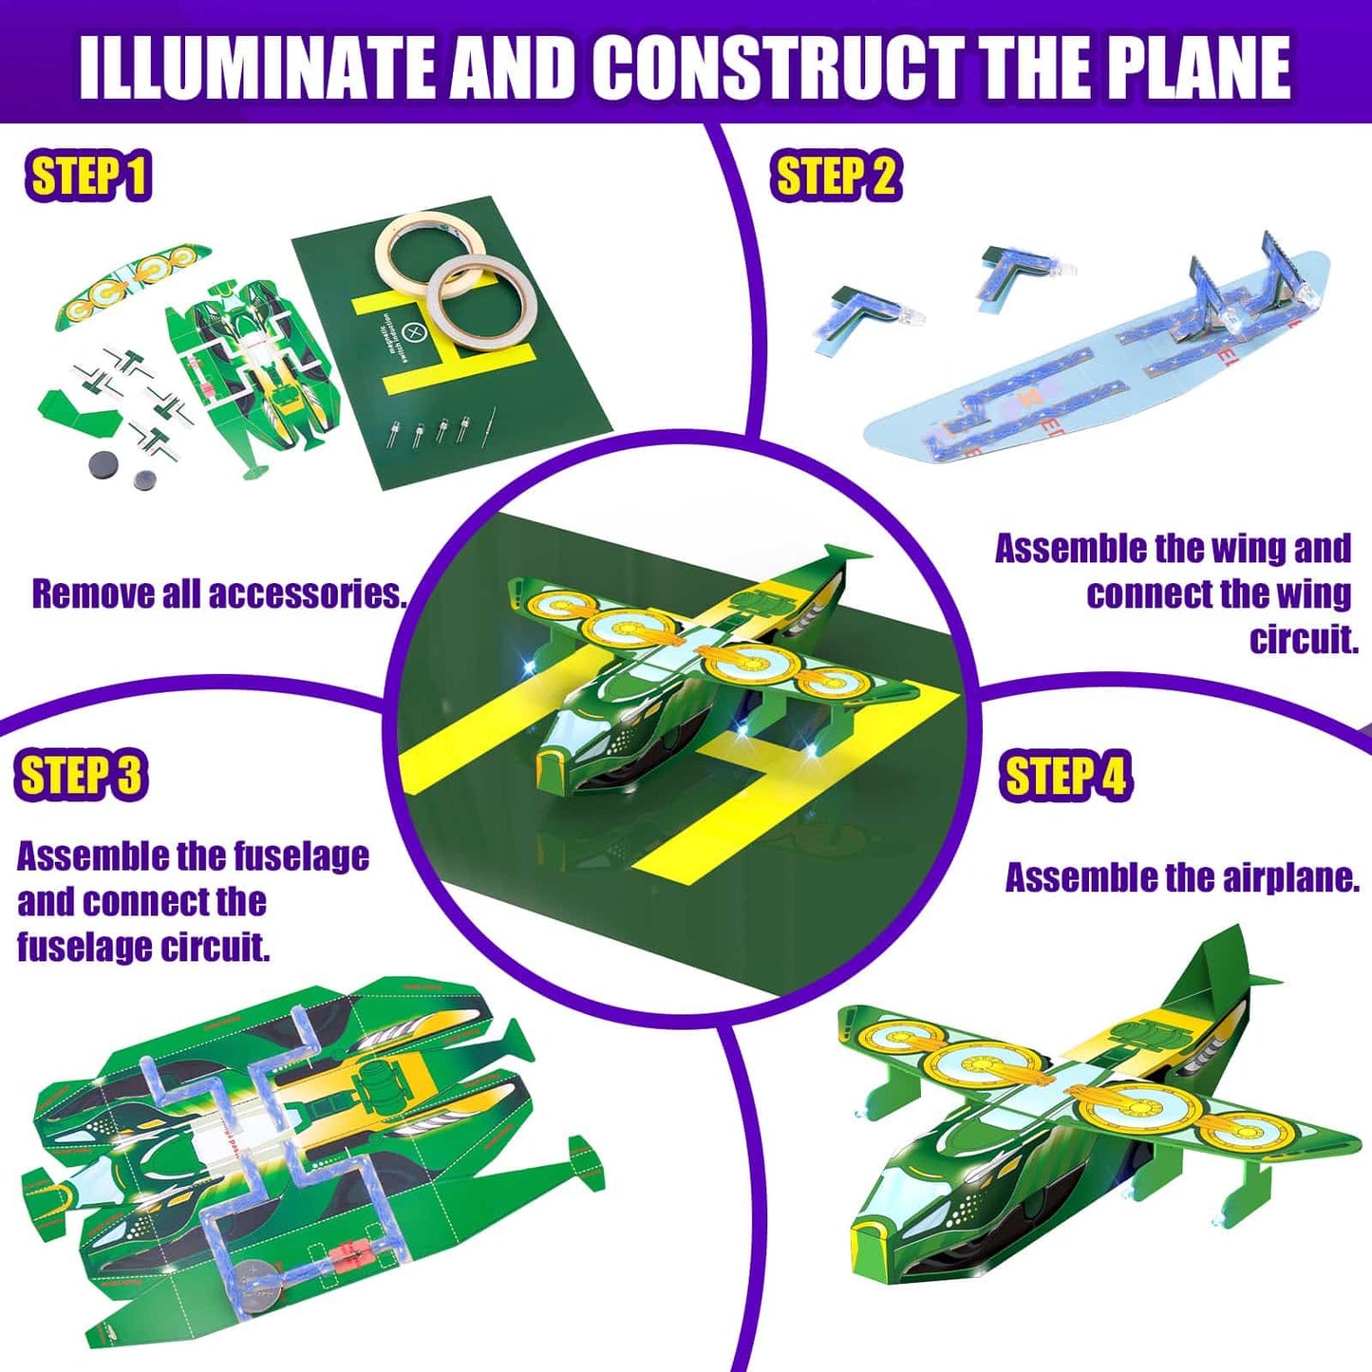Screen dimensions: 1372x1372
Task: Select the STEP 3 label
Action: [82, 775]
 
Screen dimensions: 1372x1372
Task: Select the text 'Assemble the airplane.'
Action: [1181, 878]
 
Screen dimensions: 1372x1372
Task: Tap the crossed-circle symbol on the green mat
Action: [413, 331]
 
